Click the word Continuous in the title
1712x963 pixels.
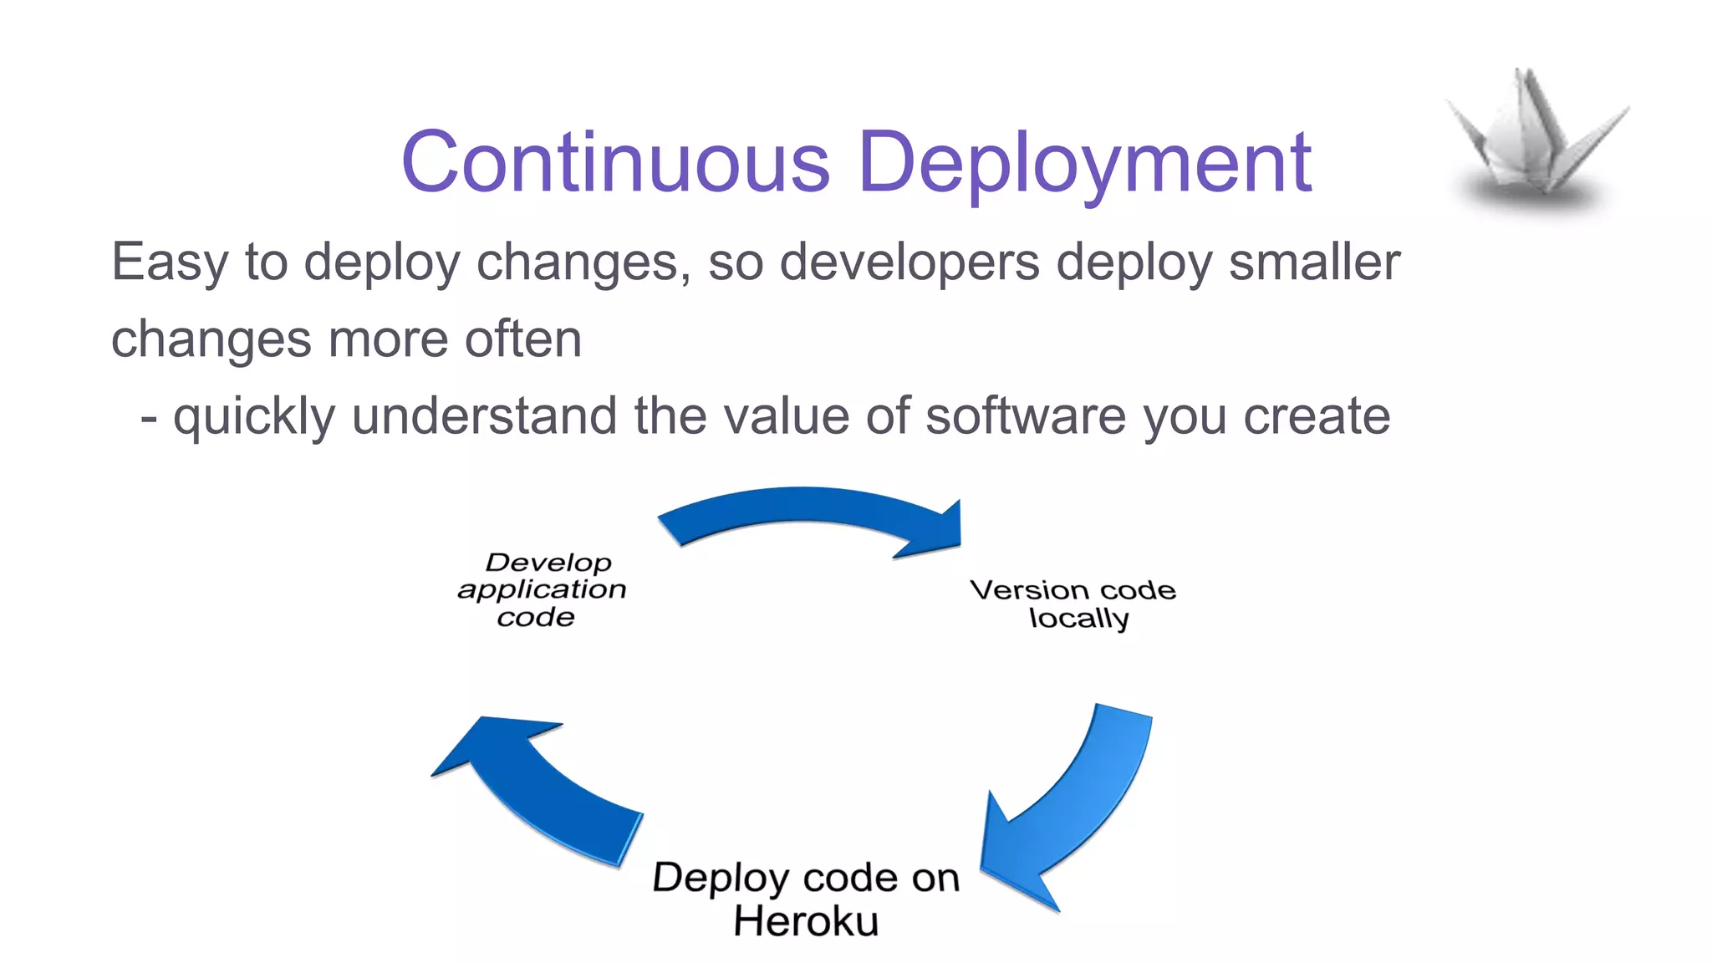[616, 162]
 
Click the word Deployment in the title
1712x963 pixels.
[1084, 162]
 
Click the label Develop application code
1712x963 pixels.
[542, 589]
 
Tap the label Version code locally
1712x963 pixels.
[1073, 604]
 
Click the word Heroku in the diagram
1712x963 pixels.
[806, 922]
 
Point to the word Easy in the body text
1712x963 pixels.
[169, 262]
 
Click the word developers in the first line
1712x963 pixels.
[909, 262]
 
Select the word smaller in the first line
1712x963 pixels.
[1314, 262]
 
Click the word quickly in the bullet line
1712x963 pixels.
[253, 416]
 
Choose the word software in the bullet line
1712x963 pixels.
[1026, 416]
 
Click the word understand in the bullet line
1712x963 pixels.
[484, 416]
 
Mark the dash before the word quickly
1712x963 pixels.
[149, 418]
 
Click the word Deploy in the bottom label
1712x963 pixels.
[720, 879]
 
